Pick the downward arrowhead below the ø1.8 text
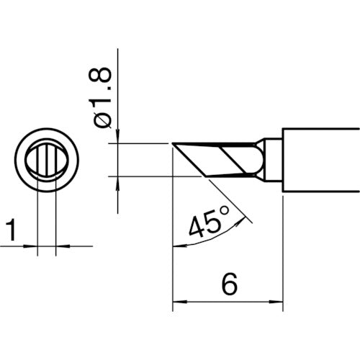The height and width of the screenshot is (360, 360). pos(117,138)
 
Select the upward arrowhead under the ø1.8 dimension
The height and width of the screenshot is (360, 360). pos(117,181)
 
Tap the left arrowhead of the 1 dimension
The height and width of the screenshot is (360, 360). pos(31,246)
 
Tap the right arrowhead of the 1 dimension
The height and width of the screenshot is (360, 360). pos(60,246)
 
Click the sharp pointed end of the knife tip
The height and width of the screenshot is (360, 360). pos(174,144)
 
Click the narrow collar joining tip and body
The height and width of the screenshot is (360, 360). pos(272,159)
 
